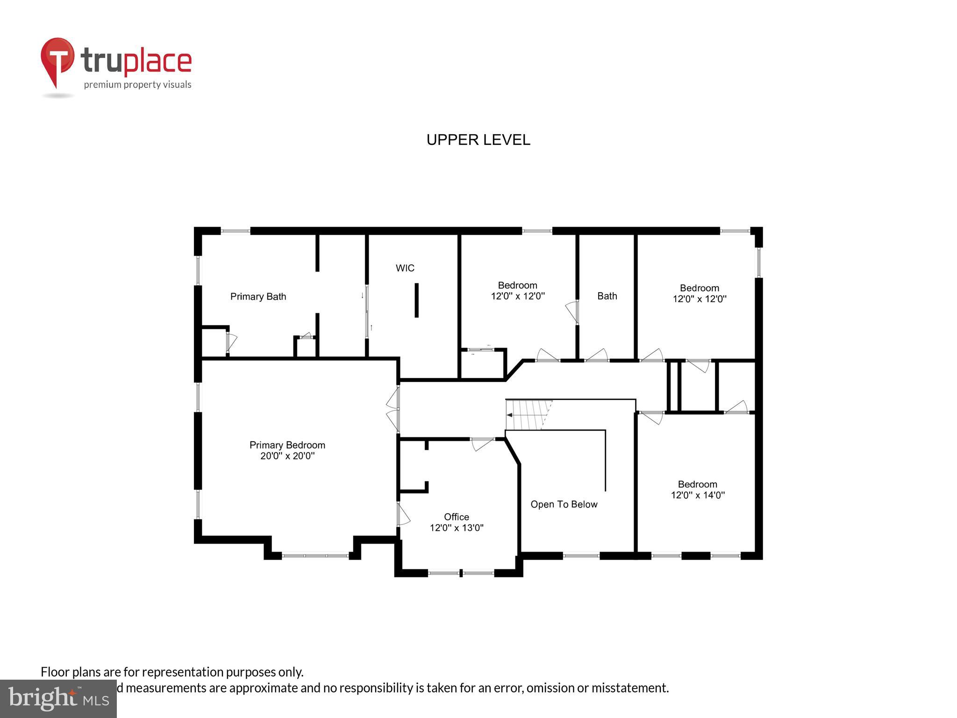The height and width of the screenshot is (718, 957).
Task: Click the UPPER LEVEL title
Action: pyautogui.click(x=478, y=140)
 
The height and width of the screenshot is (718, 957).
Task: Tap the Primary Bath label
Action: pyautogui.click(x=258, y=296)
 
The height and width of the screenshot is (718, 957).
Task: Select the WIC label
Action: pyautogui.click(x=405, y=268)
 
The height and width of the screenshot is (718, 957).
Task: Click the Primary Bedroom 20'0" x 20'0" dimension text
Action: pyautogui.click(x=287, y=456)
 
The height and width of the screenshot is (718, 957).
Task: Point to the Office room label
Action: pyautogui.click(x=456, y=517)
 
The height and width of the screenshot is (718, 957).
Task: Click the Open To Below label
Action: pyautogui.click(x=564, y=504)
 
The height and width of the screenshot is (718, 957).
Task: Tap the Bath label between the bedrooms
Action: pyautogui.click(x=607, y=296)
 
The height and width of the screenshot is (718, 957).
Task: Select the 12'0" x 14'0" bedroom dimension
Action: pyautogui.click(x=698, y=495)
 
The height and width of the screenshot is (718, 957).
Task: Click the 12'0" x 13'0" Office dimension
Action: pyautogui.click(x=456, y=528)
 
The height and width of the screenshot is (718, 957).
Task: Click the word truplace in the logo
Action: pyautogui.click(x=136, y=61)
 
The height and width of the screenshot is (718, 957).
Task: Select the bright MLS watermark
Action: pyautogui.click(x=58, y=699)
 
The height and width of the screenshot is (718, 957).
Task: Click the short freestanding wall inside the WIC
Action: pyautogui.click(x=416, y=300)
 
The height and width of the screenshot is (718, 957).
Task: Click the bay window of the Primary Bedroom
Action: pyautogui.click(x=315, y=555)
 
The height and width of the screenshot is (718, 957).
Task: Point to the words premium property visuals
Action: pyautogui.click(x=137, y=85)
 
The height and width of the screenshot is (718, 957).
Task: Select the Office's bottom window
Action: pyautogui.click(x=461, y=573)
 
